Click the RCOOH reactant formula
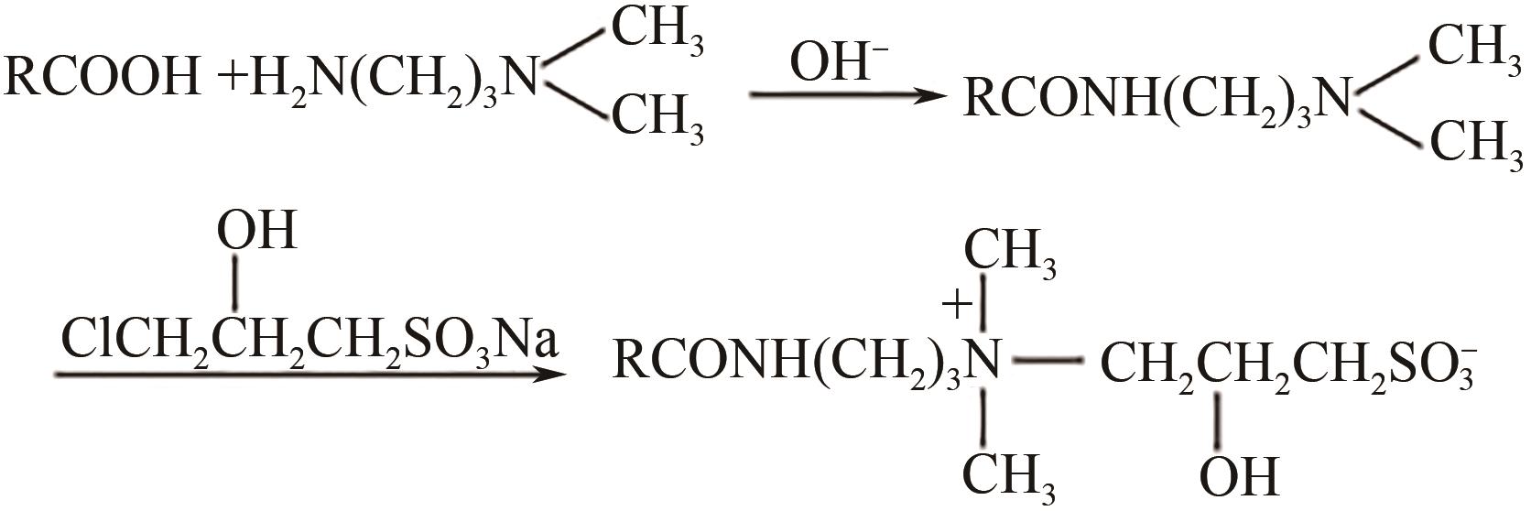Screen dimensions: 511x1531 (103, 77)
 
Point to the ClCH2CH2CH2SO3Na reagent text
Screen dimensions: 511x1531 (309, 337)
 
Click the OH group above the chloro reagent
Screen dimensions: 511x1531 (256, 230)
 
